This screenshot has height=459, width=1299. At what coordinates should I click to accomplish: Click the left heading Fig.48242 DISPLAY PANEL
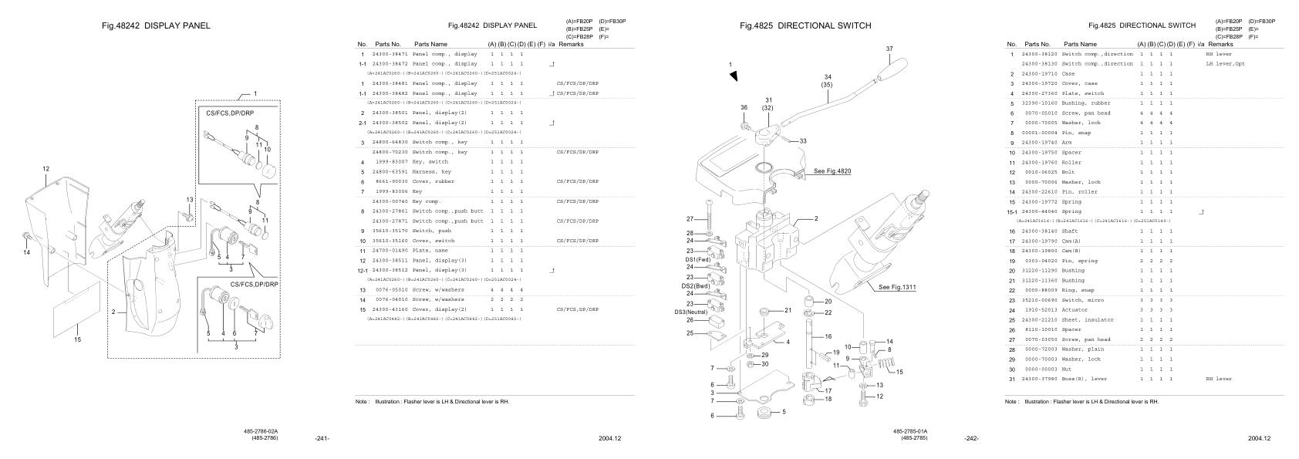pyautogui.click(x=156, y=25)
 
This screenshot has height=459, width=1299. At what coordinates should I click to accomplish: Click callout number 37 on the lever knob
pyautogui.click(x=889, y=49)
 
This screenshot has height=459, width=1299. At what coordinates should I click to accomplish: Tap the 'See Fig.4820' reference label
pyautogui.click(x=832, y=171)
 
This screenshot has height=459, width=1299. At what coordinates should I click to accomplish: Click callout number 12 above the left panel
pyautogui.click(x=46, y=168)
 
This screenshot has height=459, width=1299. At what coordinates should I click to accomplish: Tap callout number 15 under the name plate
pyautogui.click(x=77, y=339)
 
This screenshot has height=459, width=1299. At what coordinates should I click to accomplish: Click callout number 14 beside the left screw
pyautogui.click(x=25, y=251)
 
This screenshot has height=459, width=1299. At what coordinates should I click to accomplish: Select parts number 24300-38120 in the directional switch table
pyautogui.click(x=1039, y=54)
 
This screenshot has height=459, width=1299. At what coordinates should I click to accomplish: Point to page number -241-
pyautogui.click(x=322, y=439)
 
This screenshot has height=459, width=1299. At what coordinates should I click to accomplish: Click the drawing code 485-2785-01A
pyautogui.click(x=910, y=431)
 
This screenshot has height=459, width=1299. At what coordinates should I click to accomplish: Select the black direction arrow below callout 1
pyautogui.click(x=734, y=76)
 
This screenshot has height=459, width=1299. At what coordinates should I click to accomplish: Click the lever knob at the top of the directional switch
pyautogui.click(x=890, y=69)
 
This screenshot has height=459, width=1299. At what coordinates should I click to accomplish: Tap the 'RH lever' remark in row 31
pyautogui.click(x=1219, y=379)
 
